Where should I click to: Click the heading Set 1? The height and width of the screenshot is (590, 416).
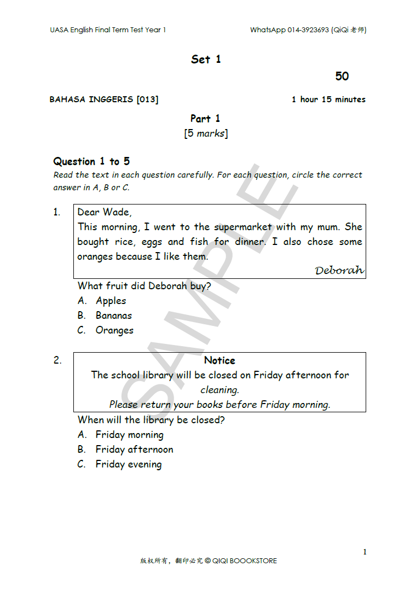206,59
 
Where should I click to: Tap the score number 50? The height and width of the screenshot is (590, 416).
342,77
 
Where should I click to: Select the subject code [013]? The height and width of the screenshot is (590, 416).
147,100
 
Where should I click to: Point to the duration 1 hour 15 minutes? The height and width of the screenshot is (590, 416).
328,100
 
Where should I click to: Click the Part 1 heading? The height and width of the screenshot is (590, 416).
205,119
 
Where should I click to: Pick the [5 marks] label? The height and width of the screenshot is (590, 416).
206,133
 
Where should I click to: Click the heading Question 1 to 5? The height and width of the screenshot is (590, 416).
91,161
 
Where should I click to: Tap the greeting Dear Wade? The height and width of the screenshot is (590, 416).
105,212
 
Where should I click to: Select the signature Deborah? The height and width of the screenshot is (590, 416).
339,271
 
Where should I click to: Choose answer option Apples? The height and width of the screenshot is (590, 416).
111,301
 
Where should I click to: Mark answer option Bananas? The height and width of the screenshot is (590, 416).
113,316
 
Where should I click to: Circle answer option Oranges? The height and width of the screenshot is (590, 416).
114,330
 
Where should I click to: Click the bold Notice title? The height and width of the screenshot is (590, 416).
219,360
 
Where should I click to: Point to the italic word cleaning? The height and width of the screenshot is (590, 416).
219,390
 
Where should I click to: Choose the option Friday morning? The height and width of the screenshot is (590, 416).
129,435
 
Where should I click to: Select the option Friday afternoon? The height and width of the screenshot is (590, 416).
134,449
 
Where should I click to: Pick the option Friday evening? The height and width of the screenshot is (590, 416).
129,464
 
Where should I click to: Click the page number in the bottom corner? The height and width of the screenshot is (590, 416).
365,552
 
